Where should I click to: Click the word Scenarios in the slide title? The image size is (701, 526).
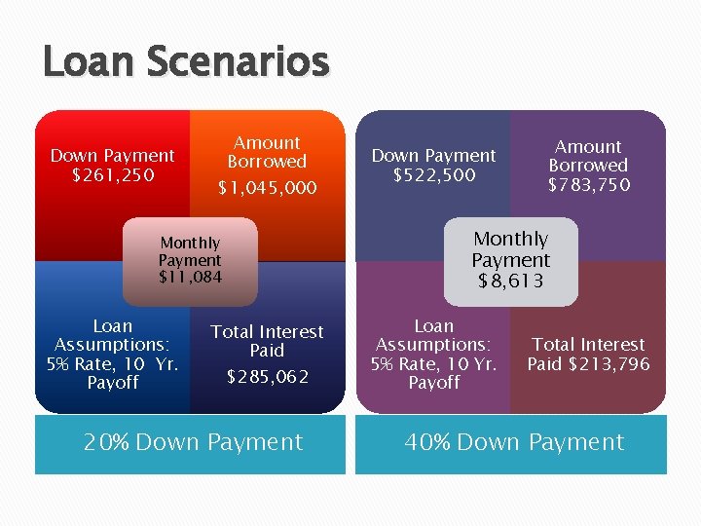point(239,61)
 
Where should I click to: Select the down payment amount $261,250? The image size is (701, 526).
point(112,175)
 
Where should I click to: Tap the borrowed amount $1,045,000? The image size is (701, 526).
point(267,188)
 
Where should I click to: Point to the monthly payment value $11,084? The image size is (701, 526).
point(190,279)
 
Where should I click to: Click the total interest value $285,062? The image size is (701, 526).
point(267,377)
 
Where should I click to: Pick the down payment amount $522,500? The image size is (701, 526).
point(433,175)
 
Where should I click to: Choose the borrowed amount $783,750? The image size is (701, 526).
point(588,185)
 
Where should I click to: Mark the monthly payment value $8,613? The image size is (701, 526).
point(510,282)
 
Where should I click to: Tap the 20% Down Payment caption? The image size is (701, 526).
point(193,442)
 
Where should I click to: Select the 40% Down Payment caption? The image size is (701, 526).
point(514,442)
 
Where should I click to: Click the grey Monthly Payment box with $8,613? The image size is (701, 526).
point(510,260)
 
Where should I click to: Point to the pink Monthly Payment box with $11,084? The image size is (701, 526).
point(190,260)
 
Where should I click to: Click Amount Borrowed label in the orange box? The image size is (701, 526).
point(267,152)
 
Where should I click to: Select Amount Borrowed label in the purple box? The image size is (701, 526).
point(588,156)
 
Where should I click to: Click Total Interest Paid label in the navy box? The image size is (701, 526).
point(267,340)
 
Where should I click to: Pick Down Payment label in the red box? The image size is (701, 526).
point(112,156)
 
